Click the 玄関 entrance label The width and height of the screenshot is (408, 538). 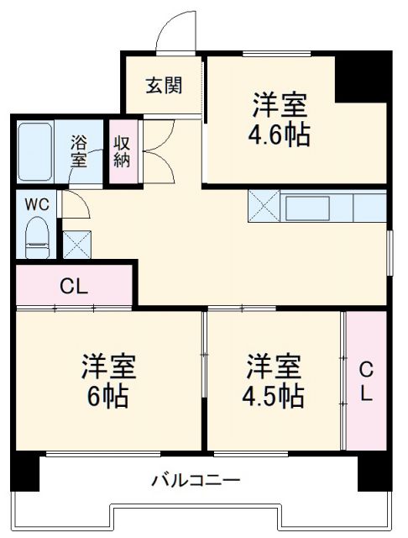163,86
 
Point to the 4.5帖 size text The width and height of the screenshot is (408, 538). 275,394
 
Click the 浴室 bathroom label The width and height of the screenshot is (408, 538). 78,150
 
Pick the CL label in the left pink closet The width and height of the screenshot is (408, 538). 73,286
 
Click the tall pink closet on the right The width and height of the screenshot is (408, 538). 366,380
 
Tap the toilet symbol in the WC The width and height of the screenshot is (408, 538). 38,236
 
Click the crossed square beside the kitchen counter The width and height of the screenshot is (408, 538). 263,207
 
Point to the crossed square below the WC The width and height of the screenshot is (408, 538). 76,244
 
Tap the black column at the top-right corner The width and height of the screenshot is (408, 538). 362,77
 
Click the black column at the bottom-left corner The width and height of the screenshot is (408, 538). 27,472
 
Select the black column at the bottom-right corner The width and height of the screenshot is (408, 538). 374,472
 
